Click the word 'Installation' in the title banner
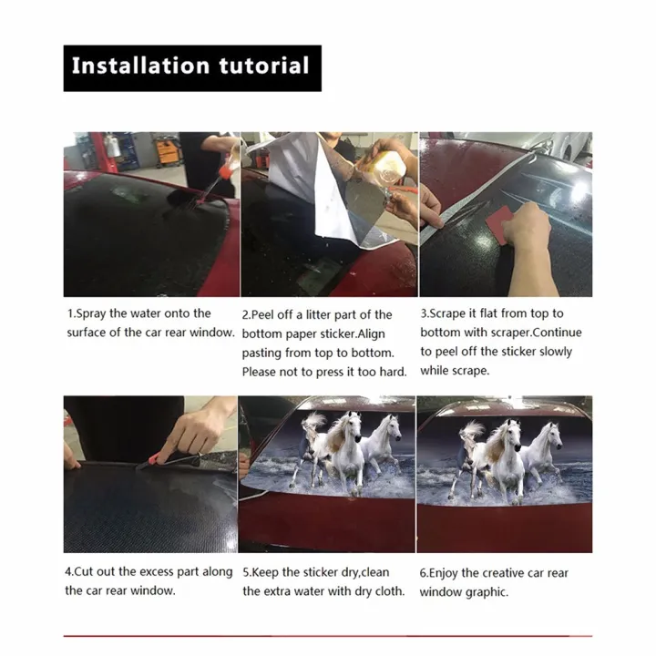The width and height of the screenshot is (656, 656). click(140, 67)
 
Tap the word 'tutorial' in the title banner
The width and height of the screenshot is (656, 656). click(264, 67)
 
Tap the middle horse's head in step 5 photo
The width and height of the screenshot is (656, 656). click(353, 425)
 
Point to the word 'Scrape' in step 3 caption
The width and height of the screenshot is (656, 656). click(445, 313)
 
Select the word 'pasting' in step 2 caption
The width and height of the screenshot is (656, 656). click(261, 354)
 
